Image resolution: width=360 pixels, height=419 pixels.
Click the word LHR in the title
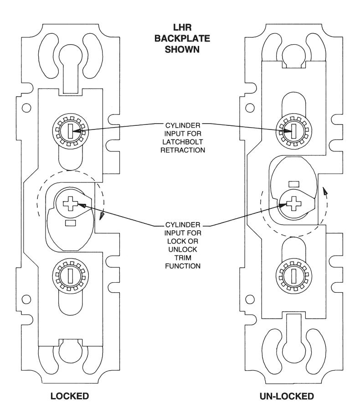click(x=182, y=27)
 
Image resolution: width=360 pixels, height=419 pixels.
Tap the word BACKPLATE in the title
click(x=182, y=38)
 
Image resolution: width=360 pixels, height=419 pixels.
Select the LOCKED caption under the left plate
click(x=70, y=396)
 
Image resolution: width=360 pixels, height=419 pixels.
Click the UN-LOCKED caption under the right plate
click(x=287, y=396)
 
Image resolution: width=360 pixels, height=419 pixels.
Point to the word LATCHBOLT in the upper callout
click(x=183, y=142)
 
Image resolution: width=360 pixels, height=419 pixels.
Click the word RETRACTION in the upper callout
click(x=183, y=150)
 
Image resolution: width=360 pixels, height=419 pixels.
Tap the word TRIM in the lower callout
click(x=183, y=258)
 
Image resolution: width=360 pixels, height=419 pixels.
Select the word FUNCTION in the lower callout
click(x=183, y=266)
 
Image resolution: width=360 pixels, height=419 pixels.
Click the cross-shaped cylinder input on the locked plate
click(x=70, y=204)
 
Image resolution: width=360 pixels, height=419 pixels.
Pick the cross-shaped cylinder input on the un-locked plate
click(x=294, y=203)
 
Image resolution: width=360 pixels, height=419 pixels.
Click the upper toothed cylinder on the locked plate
click(x=70, y=131)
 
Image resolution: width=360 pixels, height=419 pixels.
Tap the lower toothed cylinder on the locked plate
click(x=70, y=276)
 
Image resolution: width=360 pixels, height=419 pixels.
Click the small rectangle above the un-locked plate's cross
click(x=294, y=184)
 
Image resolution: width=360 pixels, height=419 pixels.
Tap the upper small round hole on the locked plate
click(x=26, y=108)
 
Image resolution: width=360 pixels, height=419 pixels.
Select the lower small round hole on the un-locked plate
click(x=250, y=299)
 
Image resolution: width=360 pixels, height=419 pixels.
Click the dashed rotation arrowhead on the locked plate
click(x=101, y=216)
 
